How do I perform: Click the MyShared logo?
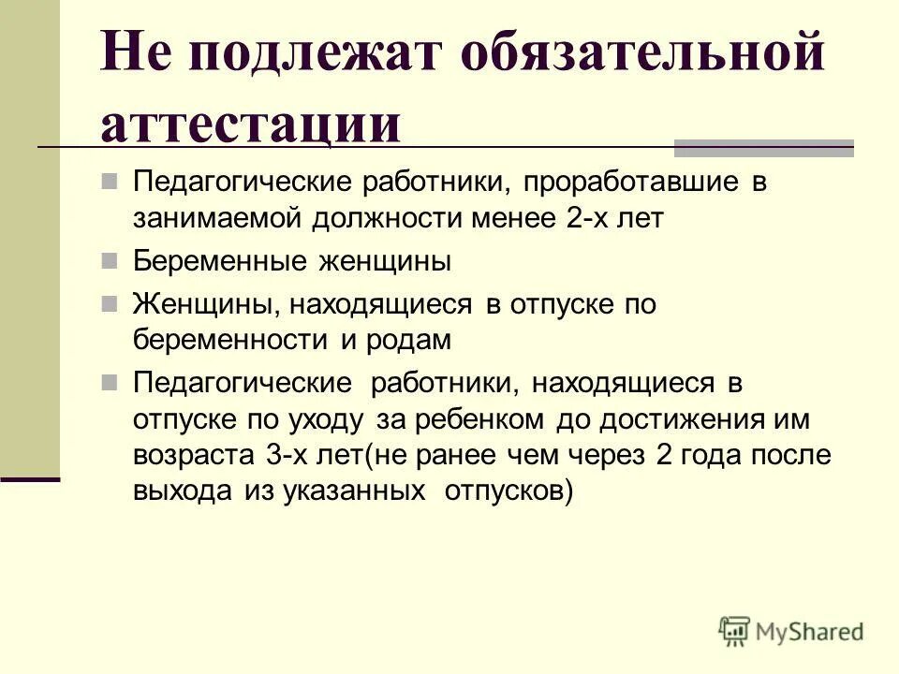[x=791, y=631]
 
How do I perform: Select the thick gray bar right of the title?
[x=764, y=146]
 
